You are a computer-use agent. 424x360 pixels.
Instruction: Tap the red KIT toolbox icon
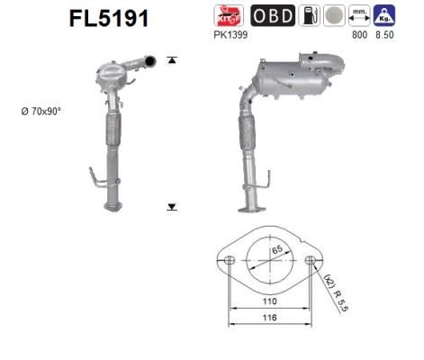click(228, 16)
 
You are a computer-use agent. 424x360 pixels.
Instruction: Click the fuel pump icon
click(311, 16)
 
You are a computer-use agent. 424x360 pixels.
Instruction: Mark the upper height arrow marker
click(171, 61)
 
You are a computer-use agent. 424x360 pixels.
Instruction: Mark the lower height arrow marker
click(171, 206)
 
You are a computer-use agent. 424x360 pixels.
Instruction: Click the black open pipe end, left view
click(150, 61)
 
